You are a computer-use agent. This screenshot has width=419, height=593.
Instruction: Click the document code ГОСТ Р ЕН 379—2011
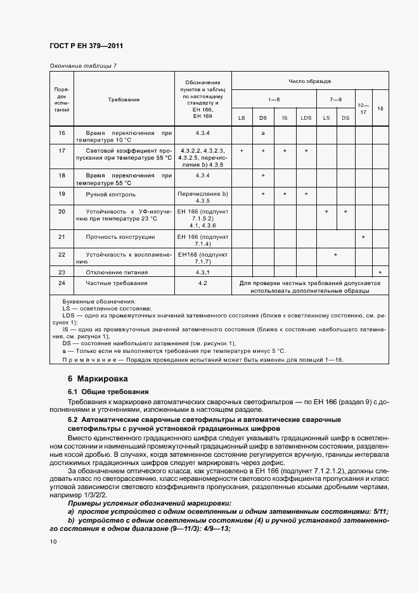86,46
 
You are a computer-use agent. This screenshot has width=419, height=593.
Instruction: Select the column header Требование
124,99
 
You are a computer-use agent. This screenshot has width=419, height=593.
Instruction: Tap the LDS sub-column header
306,118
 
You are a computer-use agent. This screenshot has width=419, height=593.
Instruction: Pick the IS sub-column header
285,118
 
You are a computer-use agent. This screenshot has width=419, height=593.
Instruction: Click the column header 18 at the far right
380,108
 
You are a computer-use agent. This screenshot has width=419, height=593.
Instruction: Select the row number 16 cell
62,133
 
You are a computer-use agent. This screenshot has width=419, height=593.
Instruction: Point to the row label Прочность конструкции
120,236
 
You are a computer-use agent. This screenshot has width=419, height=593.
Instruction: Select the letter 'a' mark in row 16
262,133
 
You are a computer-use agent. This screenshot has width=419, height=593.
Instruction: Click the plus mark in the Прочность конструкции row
363,236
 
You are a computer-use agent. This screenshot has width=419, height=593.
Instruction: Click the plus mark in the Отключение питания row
380,272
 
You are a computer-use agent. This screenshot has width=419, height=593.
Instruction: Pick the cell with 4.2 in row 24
203,283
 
